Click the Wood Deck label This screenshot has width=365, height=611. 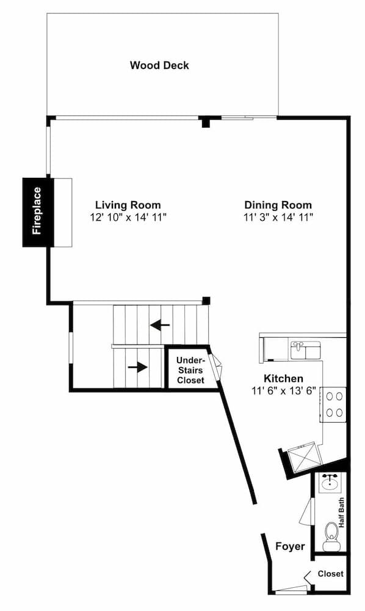click(159, 65)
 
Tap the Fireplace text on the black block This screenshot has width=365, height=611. click(37, 211)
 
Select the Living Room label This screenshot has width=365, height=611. click(128, 205)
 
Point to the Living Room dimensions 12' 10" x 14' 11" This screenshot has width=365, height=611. click(128, 217)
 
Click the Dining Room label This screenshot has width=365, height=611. click(278, 205)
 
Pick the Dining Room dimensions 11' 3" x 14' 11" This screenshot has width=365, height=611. click(278, 217)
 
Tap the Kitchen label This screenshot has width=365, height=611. click(283, 379)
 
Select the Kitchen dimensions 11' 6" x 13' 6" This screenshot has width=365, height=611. click(283, 391)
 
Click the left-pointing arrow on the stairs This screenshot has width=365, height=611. click(160, 325)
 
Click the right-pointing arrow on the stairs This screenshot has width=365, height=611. click(138, 367)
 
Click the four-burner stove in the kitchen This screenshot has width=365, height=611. click(334, 404)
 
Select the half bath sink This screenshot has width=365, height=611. click(330, 482)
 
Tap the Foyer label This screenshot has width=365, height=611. click(290, 546)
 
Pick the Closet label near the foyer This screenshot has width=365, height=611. click(330, 574)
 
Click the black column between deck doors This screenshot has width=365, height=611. click(206, 122)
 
